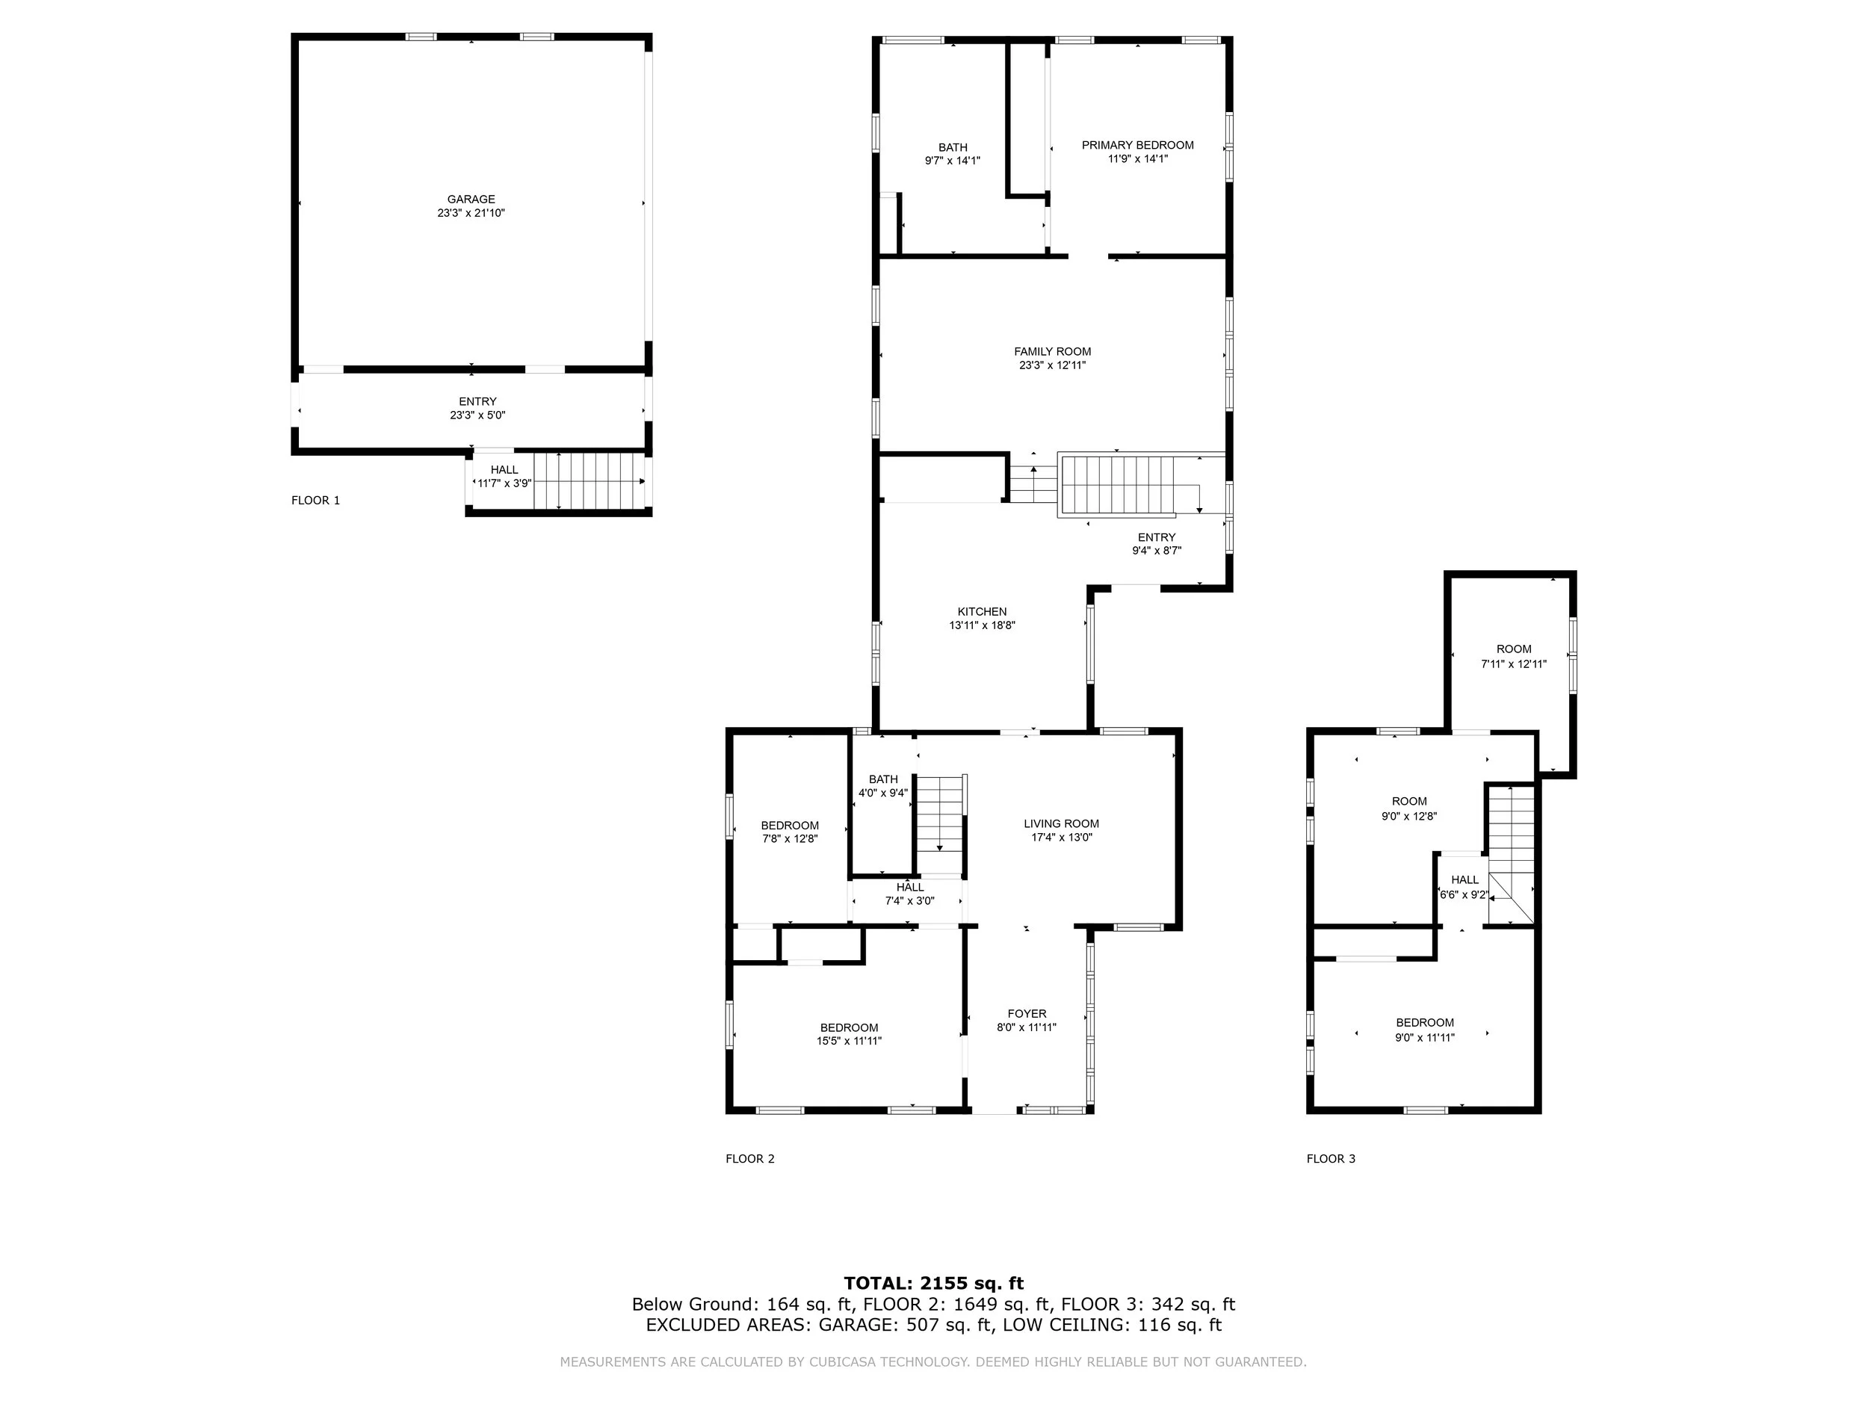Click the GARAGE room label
[471, 200]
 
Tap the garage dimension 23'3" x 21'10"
[471, 214]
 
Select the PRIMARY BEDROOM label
[1137, 145]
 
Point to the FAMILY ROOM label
[1052, 351]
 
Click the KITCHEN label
[981, 611]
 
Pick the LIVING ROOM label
[1061, 823]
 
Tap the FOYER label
[1026, 1013]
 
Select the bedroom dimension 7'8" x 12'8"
[790, 839]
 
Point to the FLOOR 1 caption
[316, 500]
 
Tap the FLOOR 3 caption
[1331, 1159]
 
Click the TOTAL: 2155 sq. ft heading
[933, 1284]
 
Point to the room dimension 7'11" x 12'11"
[1513, 664]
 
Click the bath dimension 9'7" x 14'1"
[953, 161]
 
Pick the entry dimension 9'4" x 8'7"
[1156, 551]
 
